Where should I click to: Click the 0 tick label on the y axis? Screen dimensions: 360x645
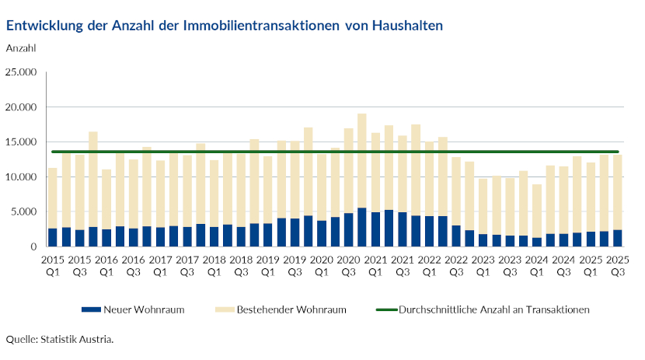click(34, 246)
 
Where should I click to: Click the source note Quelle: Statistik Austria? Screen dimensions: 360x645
click(60, 339)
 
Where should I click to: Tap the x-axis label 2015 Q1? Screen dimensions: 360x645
click(53, 265)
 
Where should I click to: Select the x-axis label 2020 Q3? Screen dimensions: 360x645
click(348, 265)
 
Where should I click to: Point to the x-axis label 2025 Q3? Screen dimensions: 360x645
click(617, 265)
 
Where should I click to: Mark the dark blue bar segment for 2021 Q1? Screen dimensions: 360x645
click(375, 229)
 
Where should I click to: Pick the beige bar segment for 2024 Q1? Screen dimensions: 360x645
click(536, 210)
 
